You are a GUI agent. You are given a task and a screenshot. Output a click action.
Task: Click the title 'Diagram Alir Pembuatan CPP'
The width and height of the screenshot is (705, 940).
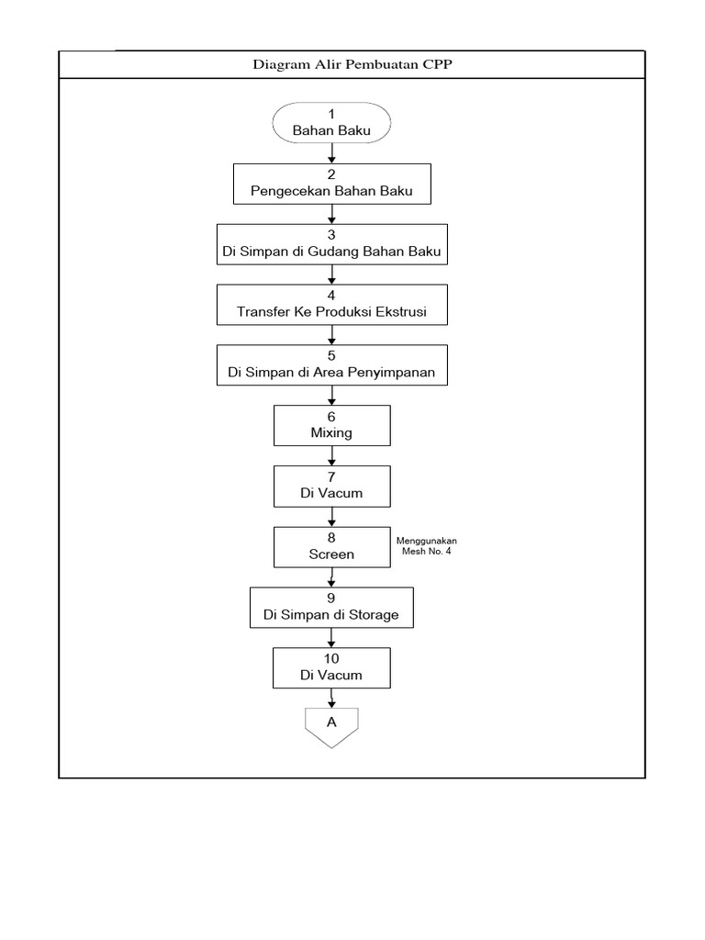(x=352, y=64)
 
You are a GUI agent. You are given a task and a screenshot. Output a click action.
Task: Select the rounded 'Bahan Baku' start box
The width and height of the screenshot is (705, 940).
(x=331, y=122)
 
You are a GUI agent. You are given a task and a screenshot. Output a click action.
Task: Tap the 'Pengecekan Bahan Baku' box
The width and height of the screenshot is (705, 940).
(x=331, y=183)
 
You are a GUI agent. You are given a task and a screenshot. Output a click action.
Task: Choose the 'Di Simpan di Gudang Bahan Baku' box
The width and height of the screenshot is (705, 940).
(x=331, y=243)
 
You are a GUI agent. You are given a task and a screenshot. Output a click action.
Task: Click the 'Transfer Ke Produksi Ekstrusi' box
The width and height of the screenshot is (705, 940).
(x=331, y=304)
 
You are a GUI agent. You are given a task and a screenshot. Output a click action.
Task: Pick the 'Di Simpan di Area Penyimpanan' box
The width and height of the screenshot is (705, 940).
(x=331, y=364)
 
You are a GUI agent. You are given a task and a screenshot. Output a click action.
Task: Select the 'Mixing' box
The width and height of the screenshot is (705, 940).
(x=331, y=424)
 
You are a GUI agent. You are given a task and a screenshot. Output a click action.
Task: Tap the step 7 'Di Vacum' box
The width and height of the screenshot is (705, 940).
(x=331, y=485)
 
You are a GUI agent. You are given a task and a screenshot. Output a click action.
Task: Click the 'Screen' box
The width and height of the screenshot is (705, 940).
(x=331, y=546)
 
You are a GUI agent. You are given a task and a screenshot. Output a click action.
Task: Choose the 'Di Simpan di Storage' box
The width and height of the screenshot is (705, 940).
(x=331, y=607)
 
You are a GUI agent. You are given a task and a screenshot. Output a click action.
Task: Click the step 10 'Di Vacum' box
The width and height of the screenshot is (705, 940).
(x=331, y=667)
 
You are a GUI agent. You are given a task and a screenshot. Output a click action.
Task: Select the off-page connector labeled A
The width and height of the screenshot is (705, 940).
(x=331, y=726)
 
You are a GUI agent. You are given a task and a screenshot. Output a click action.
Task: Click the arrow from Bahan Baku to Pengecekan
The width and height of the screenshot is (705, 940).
(x=331, y=153)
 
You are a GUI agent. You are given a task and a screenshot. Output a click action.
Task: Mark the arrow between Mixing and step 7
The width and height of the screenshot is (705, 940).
(x=331, y=456)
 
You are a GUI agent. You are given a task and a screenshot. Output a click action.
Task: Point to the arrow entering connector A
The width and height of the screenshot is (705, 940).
(x=331, y=699)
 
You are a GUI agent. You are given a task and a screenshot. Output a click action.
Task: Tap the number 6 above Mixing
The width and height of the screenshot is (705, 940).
(x=331, y=415)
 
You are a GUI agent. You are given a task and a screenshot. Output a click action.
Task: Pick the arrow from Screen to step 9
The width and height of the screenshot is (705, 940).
(x=331, y=577)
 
